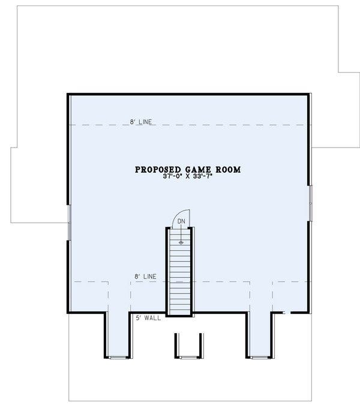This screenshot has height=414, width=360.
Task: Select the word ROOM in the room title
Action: pos(228,170)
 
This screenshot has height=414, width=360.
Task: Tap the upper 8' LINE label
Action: pos(141,122)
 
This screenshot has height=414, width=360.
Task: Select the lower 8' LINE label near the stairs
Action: pos(146,277)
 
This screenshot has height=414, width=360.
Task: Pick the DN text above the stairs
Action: pos(181,221)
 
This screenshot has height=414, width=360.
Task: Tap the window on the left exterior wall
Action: pos(69,222)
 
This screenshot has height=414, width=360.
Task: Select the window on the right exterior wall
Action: pos(311,201)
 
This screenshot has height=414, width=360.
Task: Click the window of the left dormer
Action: pos(118,357)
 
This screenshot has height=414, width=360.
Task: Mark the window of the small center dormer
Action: pos(187,357)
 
